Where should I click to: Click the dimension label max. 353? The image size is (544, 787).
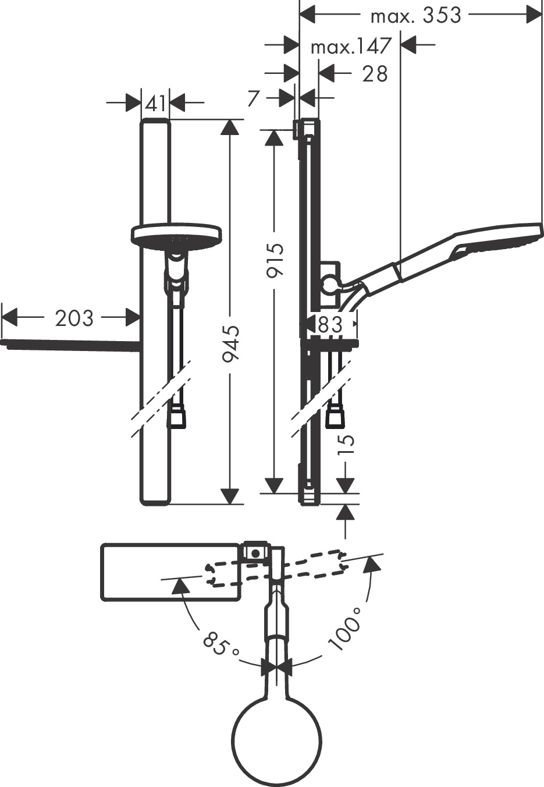pos(416,16)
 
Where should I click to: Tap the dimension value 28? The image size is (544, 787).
pos(374,74)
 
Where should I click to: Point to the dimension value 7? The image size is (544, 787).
pos(253,98)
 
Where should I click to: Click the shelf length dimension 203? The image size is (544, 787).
pos(74,318)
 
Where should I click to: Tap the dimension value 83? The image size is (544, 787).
pos(330,324)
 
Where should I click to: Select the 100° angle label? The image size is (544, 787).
pos(345,634)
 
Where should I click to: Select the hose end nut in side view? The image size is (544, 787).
pos(335,417)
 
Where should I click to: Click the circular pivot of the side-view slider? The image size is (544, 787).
pos(329,285)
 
